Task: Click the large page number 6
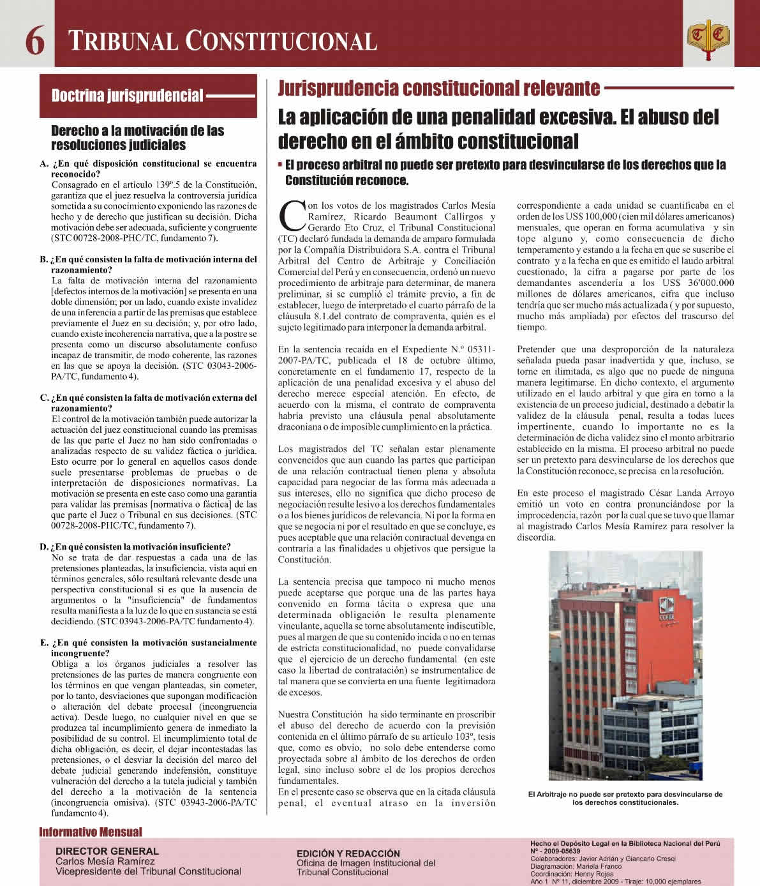pos(34,41)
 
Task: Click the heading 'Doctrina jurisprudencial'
pos(127,96)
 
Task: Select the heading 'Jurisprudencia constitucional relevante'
pos(438,88)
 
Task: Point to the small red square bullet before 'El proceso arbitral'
pos(281,165)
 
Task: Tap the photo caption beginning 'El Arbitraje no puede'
pos(625,799)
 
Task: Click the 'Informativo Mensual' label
pos(91,832)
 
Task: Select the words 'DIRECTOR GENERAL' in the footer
pos(107,851)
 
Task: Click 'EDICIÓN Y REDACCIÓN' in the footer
pos(348,853)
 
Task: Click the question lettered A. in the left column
pos(148,169)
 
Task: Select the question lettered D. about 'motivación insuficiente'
pos(135,546)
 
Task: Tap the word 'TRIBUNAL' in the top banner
pos(121,42)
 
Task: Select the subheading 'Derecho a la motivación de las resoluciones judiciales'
pos(137,137)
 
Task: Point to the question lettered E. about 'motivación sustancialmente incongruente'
pos(148,648)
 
